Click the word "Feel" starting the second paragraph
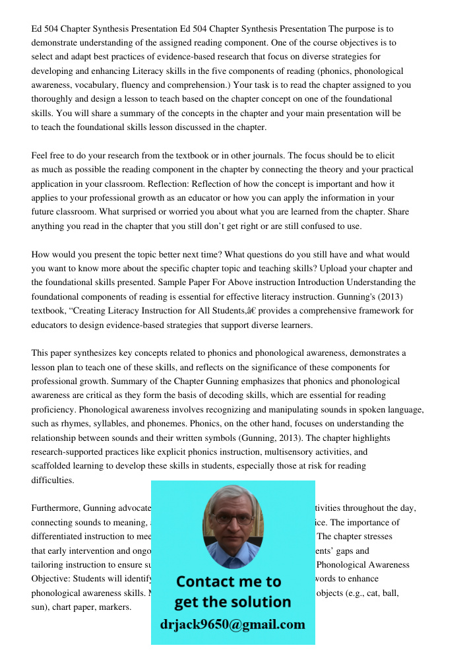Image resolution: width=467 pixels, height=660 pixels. coord(41,156)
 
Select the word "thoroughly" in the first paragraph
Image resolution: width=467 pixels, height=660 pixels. coord(54,100)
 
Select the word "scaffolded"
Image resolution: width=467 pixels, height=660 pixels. coord(54,466)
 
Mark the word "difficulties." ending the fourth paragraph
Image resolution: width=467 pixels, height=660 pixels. coord(53,480)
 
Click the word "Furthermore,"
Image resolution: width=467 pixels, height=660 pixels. coord(56,508)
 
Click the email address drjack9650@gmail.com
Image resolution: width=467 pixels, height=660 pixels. coord(232,624)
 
